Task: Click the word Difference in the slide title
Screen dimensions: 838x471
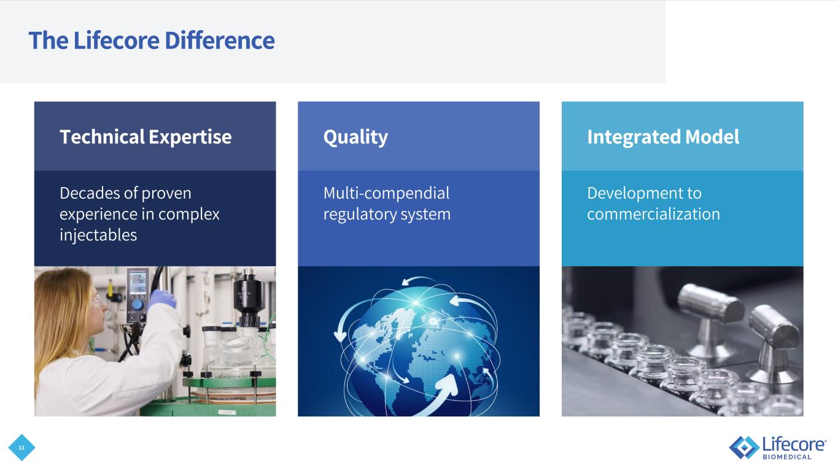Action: pyautogui.click(x=220, y=40)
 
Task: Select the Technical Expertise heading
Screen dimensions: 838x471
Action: pyautogui.click(x=145, y=137)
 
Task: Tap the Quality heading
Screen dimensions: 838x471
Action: pyautogui.click(x=355, y=137)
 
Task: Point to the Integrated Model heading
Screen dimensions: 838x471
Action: pyautogui.click(x=663, y=137)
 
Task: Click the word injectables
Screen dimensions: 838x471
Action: pyautogui.click(x=98, y=235)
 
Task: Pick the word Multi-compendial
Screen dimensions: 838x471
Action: pyautogui.click(x=386, y=194)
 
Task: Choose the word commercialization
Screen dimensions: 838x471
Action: pyautogui.click(x=653, y=214)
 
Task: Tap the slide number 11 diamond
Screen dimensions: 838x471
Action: pyautogui.click(x=21, y=448)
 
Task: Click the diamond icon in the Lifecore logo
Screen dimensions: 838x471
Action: pyautogui.click(x=745, y=447)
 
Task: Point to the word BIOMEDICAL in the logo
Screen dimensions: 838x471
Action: pyautogui.click(x=787, y=457)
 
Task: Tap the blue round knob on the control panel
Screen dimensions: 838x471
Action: pyautogui.click(x=138, y=305)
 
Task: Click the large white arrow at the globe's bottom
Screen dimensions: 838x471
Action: pyautogui.click(x=440, y=394)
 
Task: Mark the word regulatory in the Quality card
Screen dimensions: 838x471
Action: pyautogui.click(x=360, y=215)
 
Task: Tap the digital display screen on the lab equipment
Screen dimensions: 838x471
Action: pyautogui.click(x=138, y=285)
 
